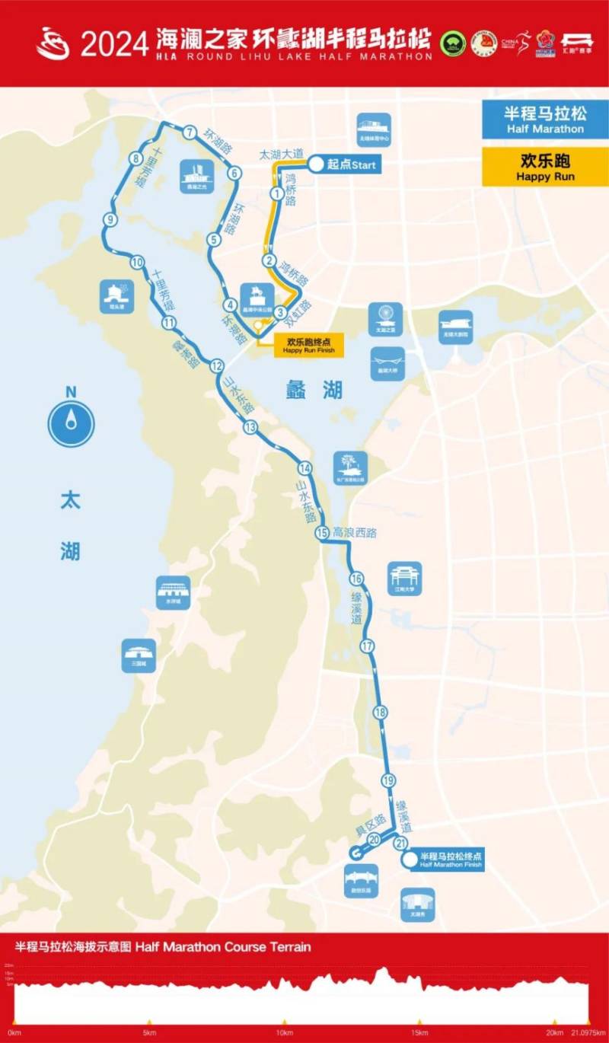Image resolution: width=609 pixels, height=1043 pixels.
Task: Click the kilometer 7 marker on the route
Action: click(x=190, y=132)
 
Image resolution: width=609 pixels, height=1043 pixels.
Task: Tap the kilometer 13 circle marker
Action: click(x=250, y=427)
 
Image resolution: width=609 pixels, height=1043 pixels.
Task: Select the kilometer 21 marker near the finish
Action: click(x=400, y=842)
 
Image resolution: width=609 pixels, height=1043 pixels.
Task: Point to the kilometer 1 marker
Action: click(x=276, y=194)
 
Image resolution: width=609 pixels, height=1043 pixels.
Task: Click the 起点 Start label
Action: click(x=351, y=164)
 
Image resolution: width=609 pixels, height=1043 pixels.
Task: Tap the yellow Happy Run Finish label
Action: click(x=302, y=346)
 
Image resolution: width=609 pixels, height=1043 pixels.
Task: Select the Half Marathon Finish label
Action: click(x=451, y=860)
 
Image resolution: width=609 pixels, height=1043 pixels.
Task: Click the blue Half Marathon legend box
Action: click(x=545, y=120)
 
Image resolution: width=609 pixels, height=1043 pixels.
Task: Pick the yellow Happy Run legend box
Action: click(x=545, y=167)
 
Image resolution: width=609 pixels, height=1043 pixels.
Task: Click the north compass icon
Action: click(x=71, y=423)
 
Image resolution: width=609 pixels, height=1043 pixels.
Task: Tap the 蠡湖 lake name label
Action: click(x=314, y=391)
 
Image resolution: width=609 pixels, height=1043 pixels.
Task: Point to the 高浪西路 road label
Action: click(x=355, y=533)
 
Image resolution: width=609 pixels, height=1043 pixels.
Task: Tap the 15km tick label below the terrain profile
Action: click(x=419, y=1032)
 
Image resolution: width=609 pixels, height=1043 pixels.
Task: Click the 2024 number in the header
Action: click(x=114, y=44)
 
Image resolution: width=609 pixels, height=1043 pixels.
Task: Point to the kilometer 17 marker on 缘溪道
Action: click(x=368, y=646)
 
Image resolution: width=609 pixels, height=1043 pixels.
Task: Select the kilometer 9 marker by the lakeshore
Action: click(x=110, y=220)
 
